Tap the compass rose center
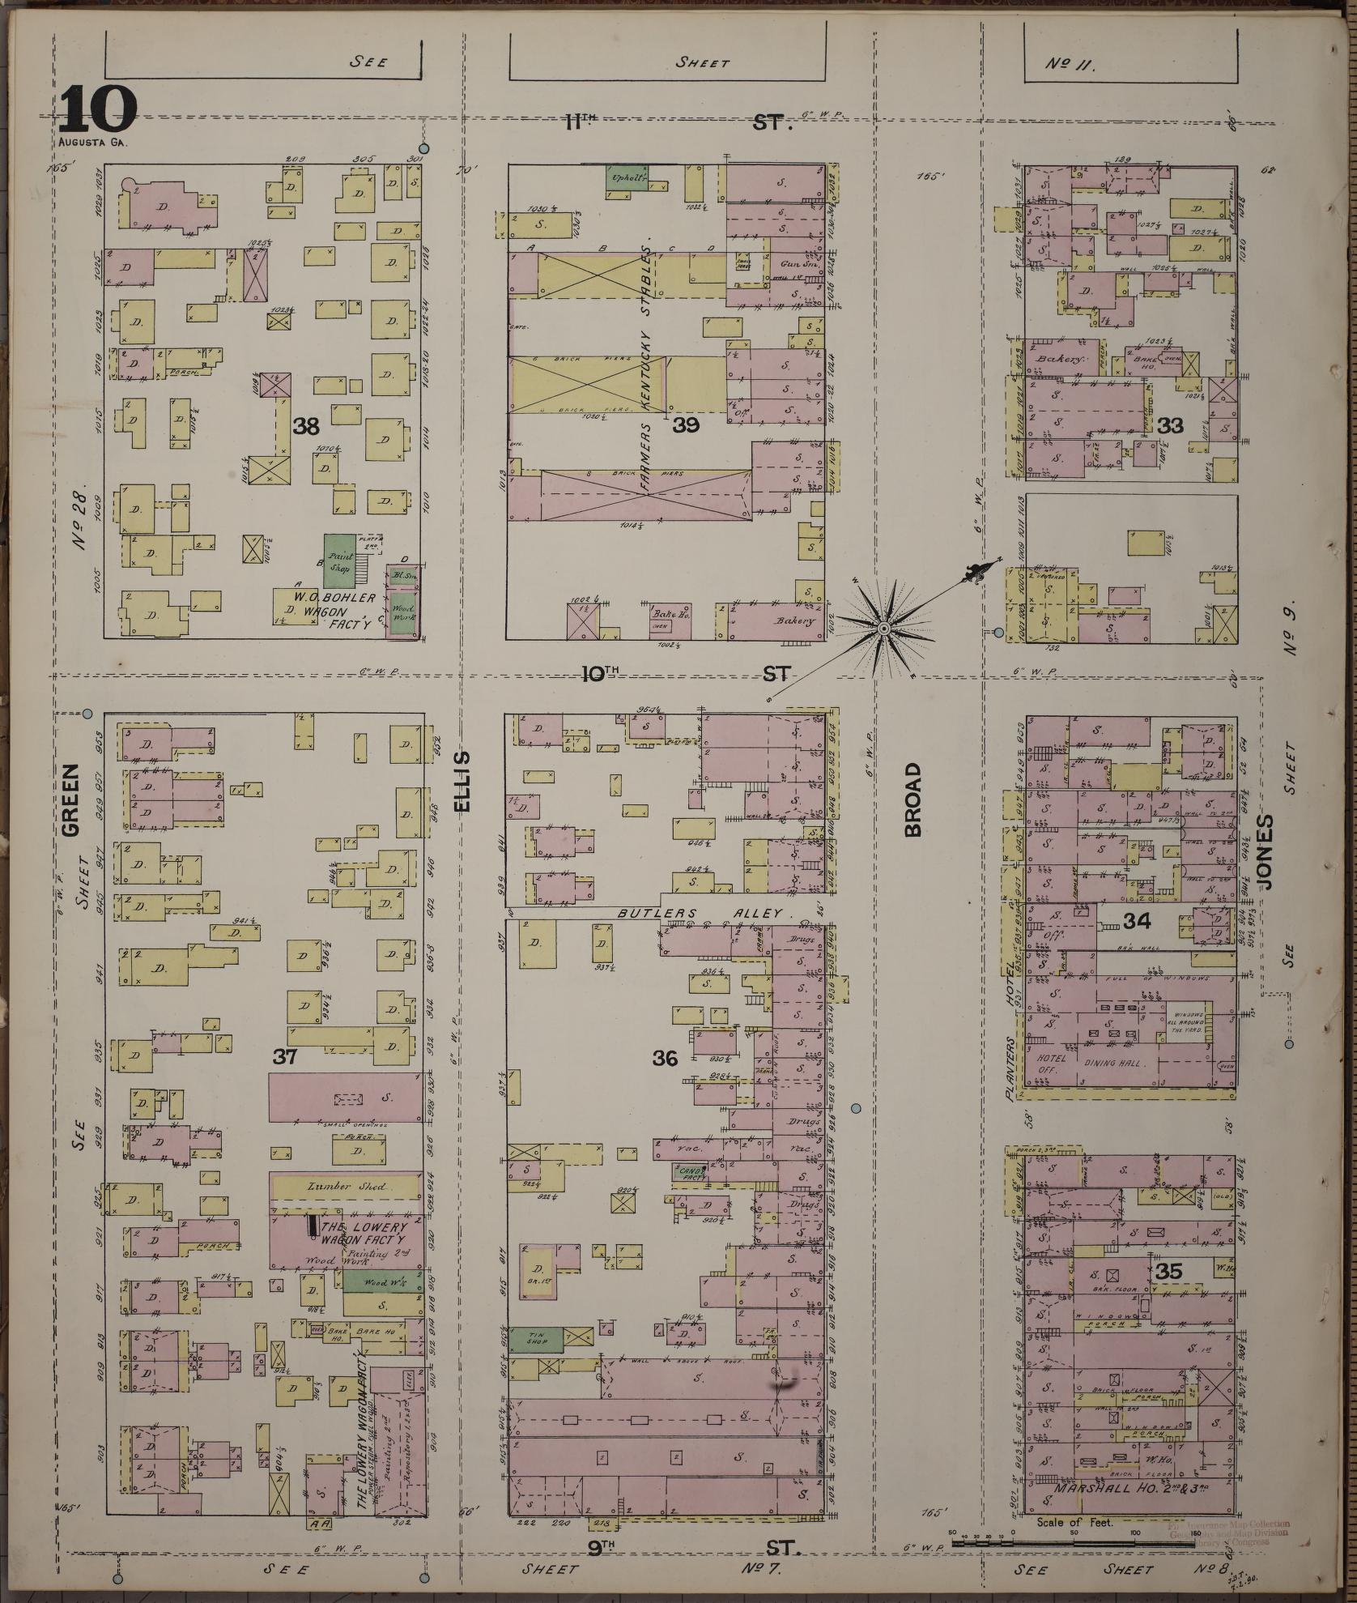point(883,628)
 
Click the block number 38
point(306,426)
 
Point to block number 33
point(1171,424)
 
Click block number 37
point(285,1056)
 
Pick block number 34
point(1137,920)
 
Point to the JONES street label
point(1264,852)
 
